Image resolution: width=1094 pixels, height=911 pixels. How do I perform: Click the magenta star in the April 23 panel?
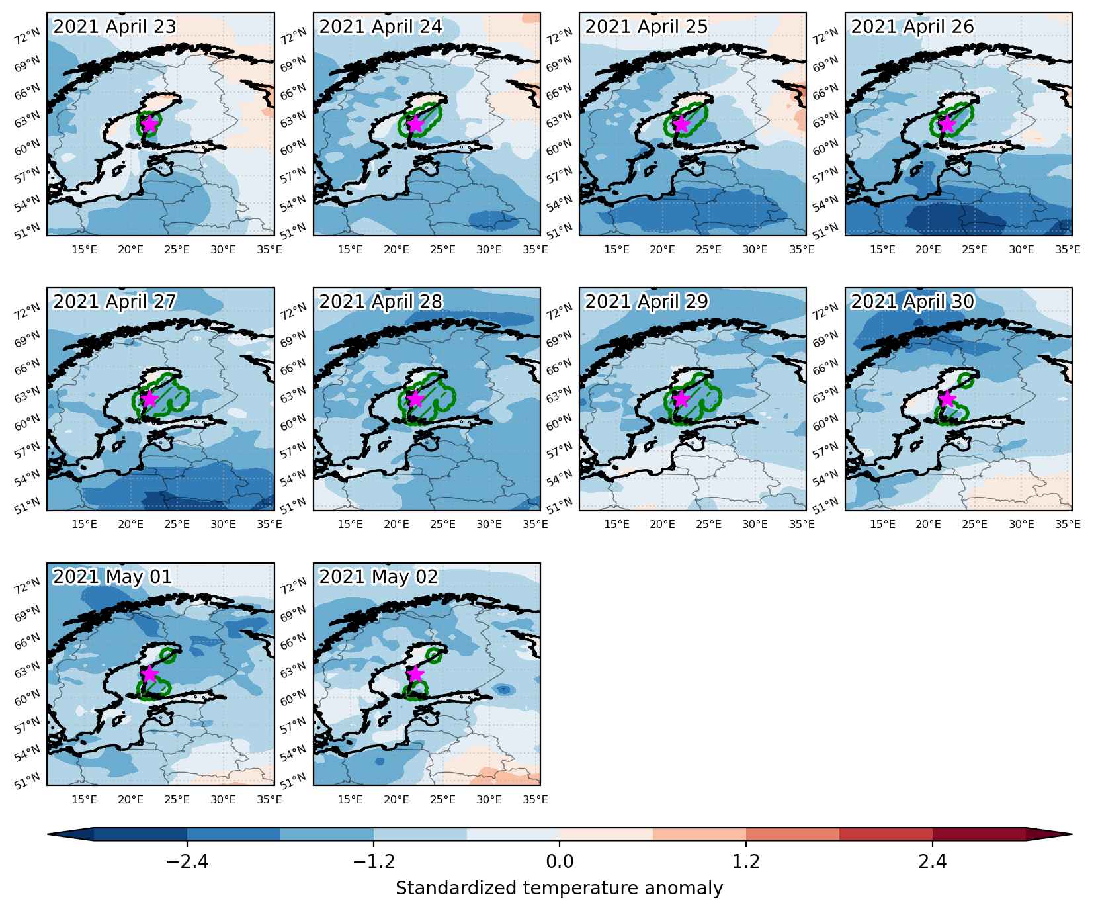[149, 123]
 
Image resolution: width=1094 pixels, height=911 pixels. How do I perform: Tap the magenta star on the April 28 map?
[415, 398]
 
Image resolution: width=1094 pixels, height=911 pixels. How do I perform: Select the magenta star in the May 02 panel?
[415, 673]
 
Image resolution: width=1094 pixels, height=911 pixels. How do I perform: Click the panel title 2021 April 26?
[912, 27]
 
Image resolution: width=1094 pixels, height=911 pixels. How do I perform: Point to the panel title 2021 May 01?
[112, 577]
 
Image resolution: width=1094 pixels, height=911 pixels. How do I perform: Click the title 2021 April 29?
[646, 302]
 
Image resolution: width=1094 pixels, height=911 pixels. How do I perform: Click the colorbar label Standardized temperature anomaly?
[560, 888]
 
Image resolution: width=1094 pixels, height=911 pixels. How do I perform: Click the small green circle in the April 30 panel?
[966, 380]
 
